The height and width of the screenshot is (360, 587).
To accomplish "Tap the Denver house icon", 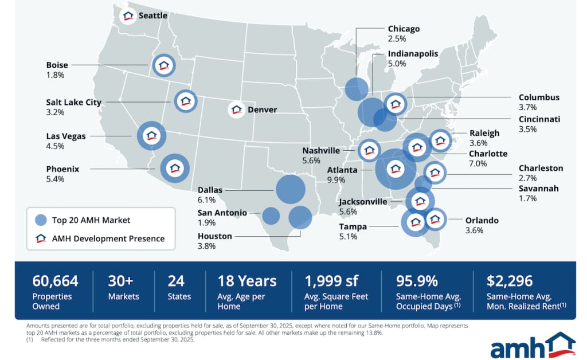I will coord(236,109).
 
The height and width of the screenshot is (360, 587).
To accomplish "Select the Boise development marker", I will coord(165,66).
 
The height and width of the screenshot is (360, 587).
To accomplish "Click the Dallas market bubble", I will coord(290,190).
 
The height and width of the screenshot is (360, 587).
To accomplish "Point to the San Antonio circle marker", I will coord(271,216).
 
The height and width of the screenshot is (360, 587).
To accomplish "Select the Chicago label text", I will coord(404,29).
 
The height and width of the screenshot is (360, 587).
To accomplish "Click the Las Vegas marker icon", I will coord(151,136).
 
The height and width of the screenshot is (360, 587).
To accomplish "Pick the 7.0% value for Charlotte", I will coord(478,163).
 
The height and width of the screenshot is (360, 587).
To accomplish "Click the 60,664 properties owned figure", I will coord(56,281).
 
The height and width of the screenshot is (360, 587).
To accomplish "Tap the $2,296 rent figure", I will coord(510,281).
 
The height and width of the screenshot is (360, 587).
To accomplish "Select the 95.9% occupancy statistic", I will coord(417,281).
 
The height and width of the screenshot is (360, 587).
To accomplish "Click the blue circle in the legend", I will coord(41,220).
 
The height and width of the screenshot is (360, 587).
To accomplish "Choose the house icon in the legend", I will coord(41,238).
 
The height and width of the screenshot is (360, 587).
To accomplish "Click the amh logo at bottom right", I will coord(533,346).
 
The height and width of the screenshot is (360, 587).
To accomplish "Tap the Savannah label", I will coord(538,189).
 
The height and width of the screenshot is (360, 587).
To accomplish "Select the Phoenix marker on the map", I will coord(174,169).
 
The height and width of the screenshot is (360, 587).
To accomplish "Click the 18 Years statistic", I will coord(246,281).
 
